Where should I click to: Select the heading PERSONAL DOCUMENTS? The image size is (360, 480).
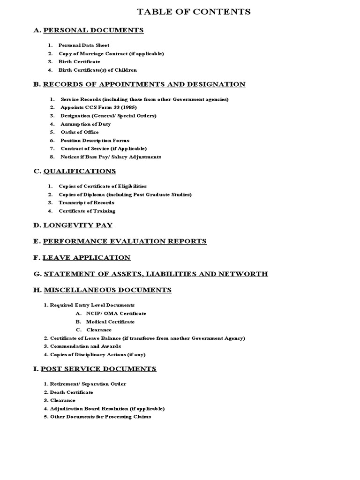pos(93,30)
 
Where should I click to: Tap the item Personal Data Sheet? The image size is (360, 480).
pos(84,45)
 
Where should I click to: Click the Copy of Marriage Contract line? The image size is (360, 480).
pos(111,53)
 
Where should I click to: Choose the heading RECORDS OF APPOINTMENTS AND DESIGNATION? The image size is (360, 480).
pos(144,84)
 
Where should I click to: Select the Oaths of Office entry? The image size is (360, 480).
pos(80,132)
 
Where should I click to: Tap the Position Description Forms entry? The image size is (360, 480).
pos(95,140)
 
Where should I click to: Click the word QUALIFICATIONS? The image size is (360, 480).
pos(80,171)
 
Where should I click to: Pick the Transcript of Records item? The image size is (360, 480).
pos(86,202)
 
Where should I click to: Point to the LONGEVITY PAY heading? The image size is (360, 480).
pos(78,225)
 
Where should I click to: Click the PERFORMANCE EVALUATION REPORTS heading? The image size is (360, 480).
pos(125,241)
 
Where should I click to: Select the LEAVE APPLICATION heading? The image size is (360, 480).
pos(87,258)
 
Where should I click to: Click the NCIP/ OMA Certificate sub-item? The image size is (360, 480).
pos(116,313)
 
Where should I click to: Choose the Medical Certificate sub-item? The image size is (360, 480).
pos(110,322)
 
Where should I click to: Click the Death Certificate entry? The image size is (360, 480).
pos(71,392)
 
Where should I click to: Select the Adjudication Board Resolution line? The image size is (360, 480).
pos(107,408)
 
